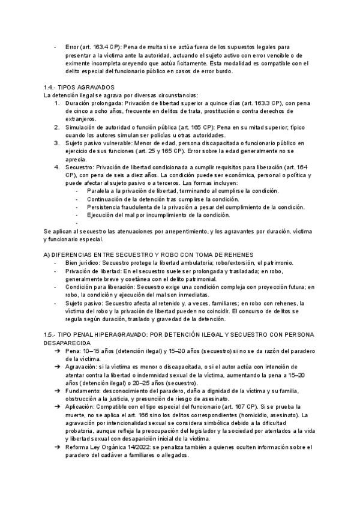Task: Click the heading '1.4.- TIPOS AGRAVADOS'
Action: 79,88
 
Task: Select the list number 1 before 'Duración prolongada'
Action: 56,103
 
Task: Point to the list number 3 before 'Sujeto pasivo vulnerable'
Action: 56,143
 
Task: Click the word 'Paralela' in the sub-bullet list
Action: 100,191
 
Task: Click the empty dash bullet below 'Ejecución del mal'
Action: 77,223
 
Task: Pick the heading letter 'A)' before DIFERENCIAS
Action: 48,255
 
